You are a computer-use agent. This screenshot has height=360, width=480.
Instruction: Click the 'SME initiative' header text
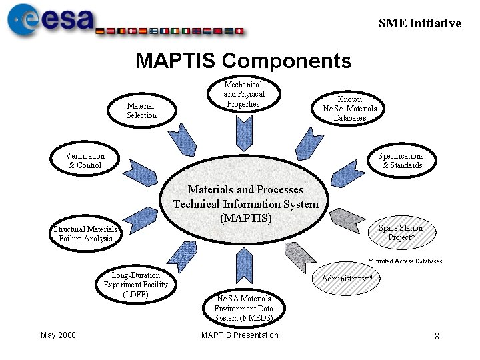(x=419, y=23)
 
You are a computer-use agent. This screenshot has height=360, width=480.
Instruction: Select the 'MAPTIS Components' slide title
(x=243, y=61)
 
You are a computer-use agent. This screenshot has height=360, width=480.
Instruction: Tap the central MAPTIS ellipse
(x=245, y=203)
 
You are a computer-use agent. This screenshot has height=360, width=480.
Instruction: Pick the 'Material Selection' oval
(x=141, y=110)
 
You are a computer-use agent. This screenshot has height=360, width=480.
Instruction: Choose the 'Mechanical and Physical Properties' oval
(x=243, y=94)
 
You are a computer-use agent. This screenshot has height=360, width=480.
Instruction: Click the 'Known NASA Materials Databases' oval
(x=350, y=109)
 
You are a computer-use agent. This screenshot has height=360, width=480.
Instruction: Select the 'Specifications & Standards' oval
(x=401, y=161)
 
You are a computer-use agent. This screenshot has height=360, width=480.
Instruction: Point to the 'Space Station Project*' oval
(x=401, y=233)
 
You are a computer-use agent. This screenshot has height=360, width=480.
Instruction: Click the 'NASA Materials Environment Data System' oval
(x=243, y=309)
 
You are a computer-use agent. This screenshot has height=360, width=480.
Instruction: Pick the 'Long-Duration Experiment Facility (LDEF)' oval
(x=135, y=285)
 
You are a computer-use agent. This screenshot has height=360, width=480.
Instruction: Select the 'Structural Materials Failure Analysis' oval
(x=85, y=234)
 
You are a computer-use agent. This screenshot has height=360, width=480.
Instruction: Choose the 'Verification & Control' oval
(x=85, y=161)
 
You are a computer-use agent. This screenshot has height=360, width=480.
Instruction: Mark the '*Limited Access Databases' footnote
(x=405, y=261)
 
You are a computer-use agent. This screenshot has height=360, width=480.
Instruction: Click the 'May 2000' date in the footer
(x=58, y=335)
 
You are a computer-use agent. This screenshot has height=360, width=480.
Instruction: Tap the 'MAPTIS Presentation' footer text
(x=240, y=335)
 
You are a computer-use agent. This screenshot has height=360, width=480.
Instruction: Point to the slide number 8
(x=437, y=337)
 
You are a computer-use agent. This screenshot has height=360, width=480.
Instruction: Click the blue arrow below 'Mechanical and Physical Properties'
(x=243, y=133)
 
